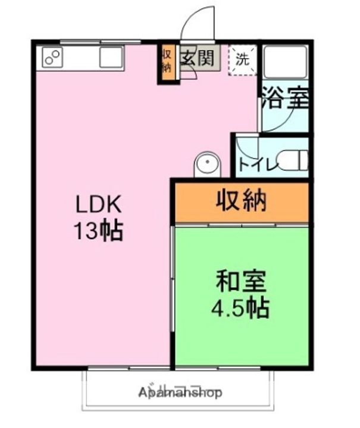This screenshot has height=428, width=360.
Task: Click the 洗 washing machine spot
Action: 242,59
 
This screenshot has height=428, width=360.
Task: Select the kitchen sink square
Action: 111,58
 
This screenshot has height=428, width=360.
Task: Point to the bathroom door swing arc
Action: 275,119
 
